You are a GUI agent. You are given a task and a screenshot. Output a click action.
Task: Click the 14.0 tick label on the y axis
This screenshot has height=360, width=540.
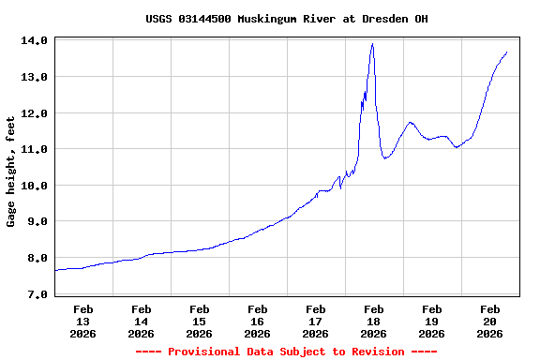pos(35,41)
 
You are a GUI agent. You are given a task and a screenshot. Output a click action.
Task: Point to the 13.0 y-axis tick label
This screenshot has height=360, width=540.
pos(35,77)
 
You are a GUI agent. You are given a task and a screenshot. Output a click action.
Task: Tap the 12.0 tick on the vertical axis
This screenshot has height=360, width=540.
pos(35,113)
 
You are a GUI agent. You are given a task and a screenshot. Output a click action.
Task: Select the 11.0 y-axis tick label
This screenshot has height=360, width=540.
pos(35,149)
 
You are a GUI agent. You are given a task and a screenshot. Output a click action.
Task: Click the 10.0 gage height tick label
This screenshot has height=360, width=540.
pos(35,186)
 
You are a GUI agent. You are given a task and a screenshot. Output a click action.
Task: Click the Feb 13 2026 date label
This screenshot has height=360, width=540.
pos(82,321)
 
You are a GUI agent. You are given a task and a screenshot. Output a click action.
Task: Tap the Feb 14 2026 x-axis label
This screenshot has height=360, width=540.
pos(141,321)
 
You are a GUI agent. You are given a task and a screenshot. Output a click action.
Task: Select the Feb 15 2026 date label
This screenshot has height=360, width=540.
pos(199,321)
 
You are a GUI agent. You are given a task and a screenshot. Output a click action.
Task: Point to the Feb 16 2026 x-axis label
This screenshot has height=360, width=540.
pos(257,321)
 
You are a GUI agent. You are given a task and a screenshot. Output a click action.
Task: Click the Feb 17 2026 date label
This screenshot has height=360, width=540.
pos(315,321)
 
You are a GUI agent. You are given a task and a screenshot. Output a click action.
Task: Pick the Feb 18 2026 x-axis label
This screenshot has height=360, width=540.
pos(373,321)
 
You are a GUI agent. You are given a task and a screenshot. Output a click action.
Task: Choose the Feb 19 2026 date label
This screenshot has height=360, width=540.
pos(431,321)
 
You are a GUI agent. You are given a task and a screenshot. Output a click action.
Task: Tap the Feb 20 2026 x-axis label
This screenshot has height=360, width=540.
pos(489,321)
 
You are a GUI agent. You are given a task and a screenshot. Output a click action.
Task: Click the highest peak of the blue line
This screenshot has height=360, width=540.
pos(372,44)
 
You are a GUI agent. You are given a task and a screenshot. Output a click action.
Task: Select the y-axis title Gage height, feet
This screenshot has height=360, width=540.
pos(11,172)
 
